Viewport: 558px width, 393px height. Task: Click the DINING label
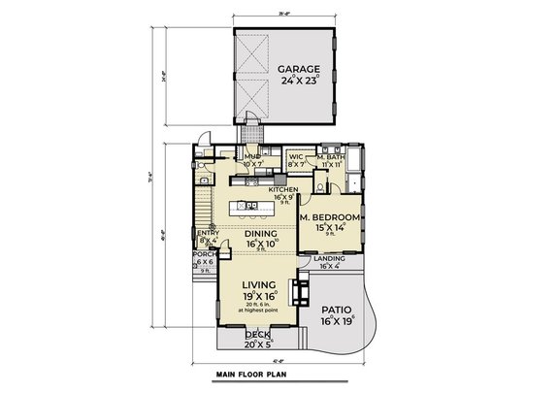261,234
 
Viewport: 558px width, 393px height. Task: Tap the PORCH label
206,254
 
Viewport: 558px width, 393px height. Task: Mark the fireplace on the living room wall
304,290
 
